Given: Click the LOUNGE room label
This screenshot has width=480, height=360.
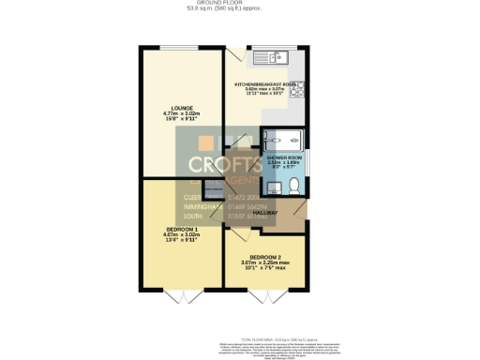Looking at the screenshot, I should [176, 109].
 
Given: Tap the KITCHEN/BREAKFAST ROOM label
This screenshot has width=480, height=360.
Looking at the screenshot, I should [265, 83].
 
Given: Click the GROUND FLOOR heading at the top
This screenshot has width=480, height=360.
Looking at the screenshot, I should [238, 5].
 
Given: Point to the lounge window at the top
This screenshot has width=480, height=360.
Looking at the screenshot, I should [179, 47].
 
